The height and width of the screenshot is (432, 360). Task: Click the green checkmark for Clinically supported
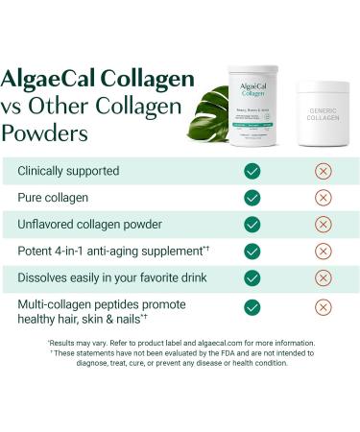(252, 171)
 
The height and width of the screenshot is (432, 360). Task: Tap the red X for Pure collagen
(324, 198)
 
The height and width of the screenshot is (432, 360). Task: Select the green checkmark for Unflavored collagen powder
(252, 225)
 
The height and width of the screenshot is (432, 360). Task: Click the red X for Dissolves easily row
(324, 277)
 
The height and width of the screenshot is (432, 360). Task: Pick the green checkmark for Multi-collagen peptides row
(252, 307)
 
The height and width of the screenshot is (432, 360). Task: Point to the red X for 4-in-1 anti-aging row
(324, 251)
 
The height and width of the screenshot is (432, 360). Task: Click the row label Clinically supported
(68, 171)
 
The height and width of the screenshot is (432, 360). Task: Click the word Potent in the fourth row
(38, 252)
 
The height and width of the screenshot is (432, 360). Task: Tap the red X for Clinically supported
(324, 171)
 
